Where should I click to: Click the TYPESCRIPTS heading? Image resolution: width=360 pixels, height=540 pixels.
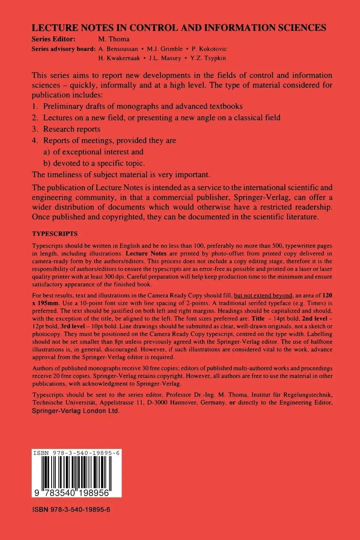54,234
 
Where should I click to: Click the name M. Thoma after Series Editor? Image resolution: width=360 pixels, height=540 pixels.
114,39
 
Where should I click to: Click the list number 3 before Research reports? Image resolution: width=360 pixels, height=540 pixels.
35,129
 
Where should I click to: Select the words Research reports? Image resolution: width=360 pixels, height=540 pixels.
71,129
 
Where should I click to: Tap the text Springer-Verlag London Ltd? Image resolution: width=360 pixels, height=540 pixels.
75,412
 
